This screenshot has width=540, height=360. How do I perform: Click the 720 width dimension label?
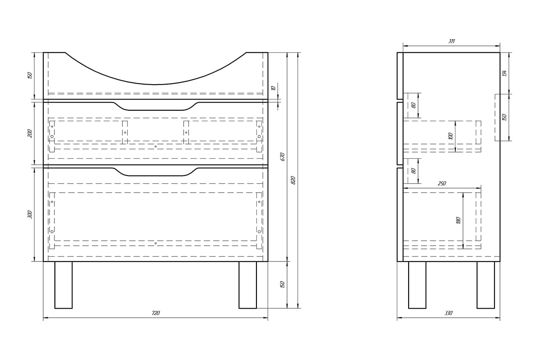156,313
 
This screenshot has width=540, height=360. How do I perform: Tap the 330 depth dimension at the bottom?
448,313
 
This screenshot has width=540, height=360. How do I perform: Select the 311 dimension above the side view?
451,41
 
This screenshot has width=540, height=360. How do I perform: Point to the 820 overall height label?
293,180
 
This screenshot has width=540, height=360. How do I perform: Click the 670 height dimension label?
283,157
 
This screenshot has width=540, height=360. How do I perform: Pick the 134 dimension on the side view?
504,73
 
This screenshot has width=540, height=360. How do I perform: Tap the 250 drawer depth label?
441,184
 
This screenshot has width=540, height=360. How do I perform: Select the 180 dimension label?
458,220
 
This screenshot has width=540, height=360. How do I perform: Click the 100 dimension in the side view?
451,136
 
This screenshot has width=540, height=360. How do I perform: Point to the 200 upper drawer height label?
30,133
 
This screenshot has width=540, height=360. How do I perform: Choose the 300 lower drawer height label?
30,215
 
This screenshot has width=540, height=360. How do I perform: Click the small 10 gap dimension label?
274,88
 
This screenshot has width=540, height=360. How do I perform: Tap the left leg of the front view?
63,285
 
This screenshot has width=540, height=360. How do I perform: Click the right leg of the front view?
247,285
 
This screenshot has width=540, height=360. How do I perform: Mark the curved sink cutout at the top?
156,85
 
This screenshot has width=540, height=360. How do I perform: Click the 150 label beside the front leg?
283,284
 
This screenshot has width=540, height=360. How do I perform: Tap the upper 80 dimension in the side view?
414,105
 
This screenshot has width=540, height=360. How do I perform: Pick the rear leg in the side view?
486,285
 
